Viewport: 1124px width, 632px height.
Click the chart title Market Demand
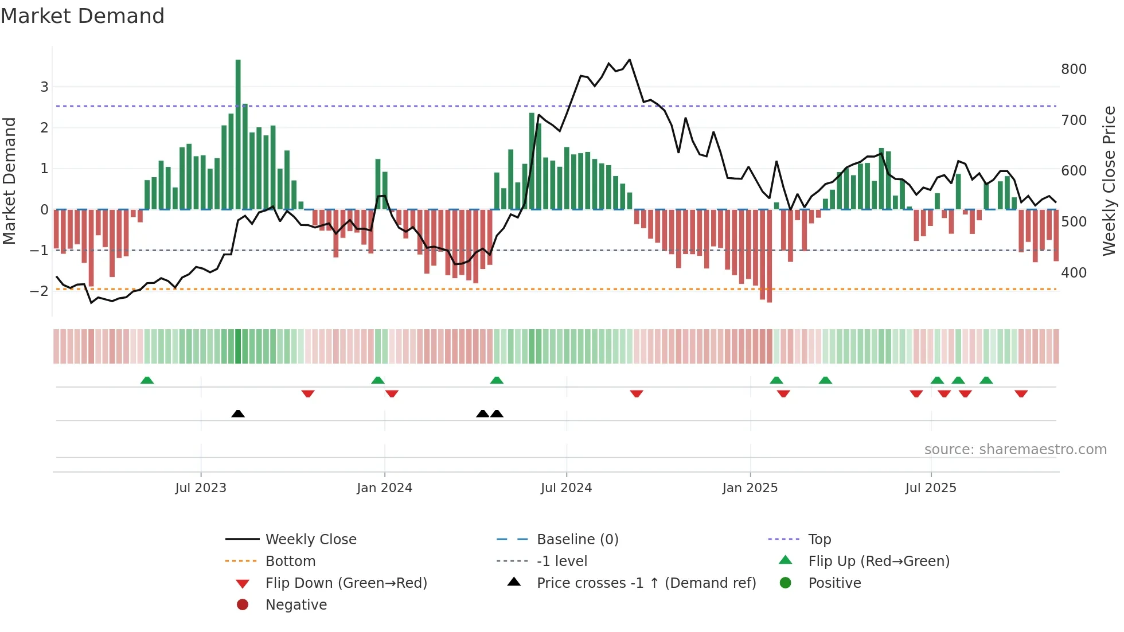83,16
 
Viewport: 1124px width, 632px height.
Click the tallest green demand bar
238,135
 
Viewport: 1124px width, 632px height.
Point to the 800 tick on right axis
1074,69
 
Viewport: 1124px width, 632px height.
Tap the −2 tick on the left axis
39,291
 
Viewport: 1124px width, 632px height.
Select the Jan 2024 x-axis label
384,488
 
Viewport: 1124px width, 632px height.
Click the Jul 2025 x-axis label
931,488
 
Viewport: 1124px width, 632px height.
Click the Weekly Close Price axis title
1109,181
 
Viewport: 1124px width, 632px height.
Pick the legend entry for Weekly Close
310,540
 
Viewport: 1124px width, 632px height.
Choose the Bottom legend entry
290,561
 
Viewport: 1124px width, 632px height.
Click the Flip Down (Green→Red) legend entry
346,583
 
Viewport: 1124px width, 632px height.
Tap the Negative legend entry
296,605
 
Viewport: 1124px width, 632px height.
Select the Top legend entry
819,540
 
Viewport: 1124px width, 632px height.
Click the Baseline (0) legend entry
577,540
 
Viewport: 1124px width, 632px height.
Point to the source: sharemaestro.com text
1015,450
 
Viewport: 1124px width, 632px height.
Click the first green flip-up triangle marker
147,380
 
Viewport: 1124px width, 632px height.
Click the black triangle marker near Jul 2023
238,413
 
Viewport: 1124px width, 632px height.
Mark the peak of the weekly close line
630,60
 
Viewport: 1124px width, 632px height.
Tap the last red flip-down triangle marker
1021,393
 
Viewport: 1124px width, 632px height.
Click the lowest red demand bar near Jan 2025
769,256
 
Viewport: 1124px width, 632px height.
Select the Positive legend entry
834,583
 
